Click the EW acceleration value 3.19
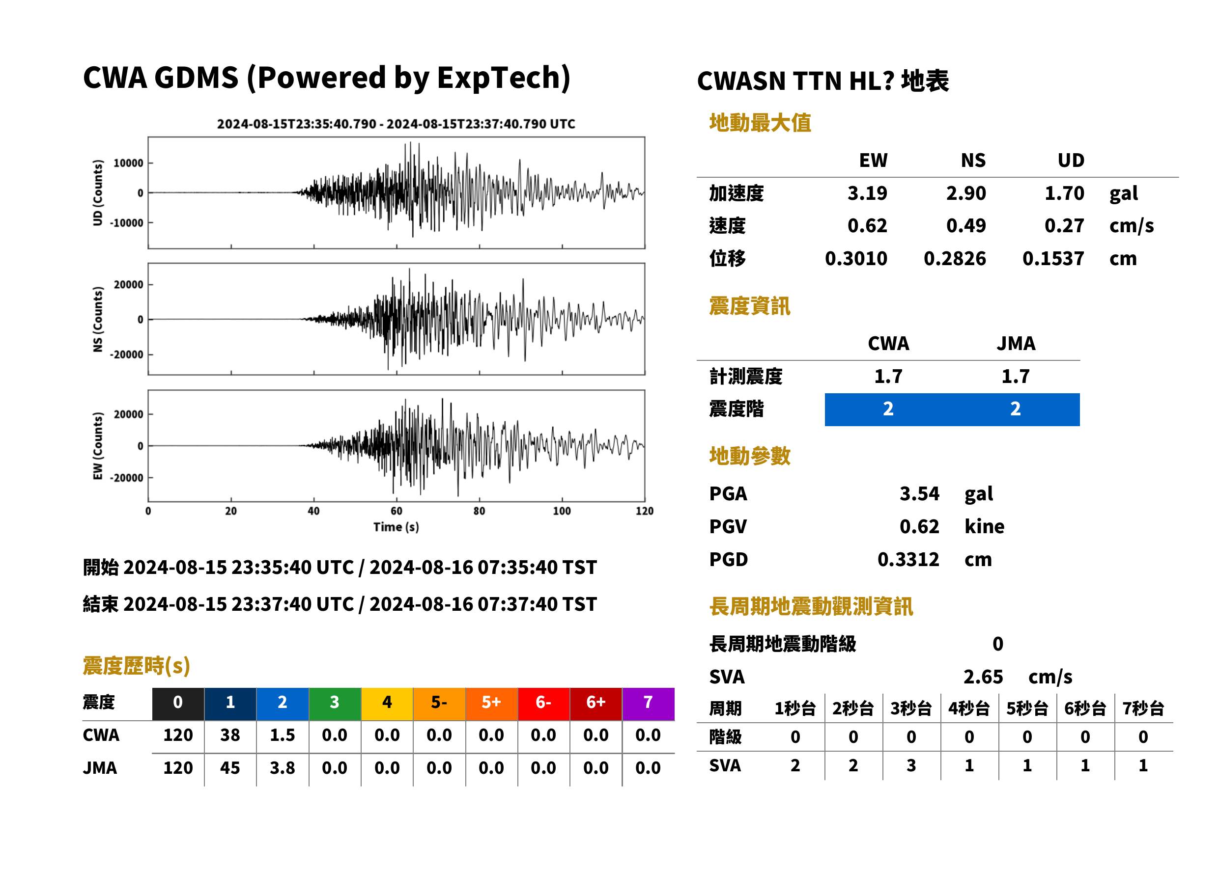pos(867,193)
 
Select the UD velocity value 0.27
pos(1064,226)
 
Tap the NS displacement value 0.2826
pos(955,259)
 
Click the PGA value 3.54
pos(919,493)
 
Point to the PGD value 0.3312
pos(908,559)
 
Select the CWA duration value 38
pos(230,735)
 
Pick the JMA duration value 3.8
pos(283,768)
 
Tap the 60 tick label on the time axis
pos(396,511)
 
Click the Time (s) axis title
pos(396,527)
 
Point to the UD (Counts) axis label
pos(98,193)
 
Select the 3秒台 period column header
pos(911,709)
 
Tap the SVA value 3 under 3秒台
pos(911,765)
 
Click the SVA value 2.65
pos(983,677)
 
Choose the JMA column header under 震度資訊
pos(1016,343)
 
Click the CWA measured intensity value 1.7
pos(888,377)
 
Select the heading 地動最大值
pos(760,123)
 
